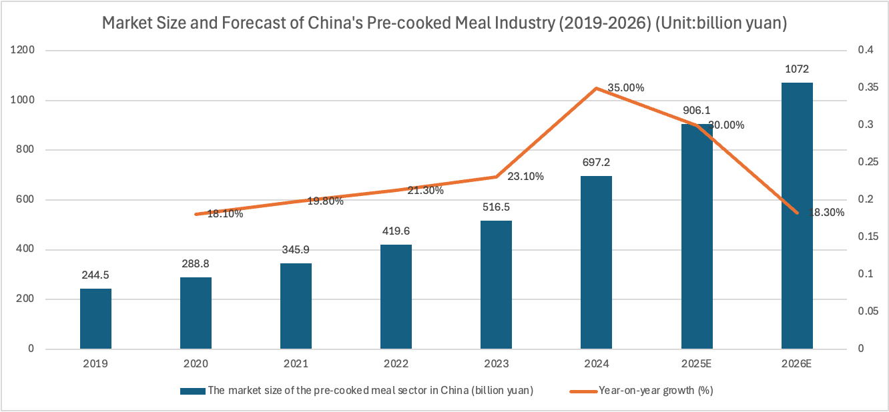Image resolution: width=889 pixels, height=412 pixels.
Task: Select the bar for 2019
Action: [95, 319]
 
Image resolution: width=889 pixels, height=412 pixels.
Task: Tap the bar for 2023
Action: [496, 285]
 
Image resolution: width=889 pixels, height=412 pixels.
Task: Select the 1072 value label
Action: [797, 69]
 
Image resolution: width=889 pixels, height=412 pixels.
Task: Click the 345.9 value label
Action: [296, 250]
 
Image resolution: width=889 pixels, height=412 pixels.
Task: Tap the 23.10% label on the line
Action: [525, 177]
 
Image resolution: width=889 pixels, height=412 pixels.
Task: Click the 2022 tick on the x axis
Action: [396, 364]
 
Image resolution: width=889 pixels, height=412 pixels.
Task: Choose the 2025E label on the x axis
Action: [697, 364]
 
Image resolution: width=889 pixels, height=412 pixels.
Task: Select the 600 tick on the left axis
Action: [27, 200]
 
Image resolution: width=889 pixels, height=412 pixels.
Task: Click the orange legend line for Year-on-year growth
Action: [582, 391]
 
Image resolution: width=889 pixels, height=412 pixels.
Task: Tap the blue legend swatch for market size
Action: [192, 391]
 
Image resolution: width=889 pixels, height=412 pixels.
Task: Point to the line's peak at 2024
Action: [596, 88]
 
